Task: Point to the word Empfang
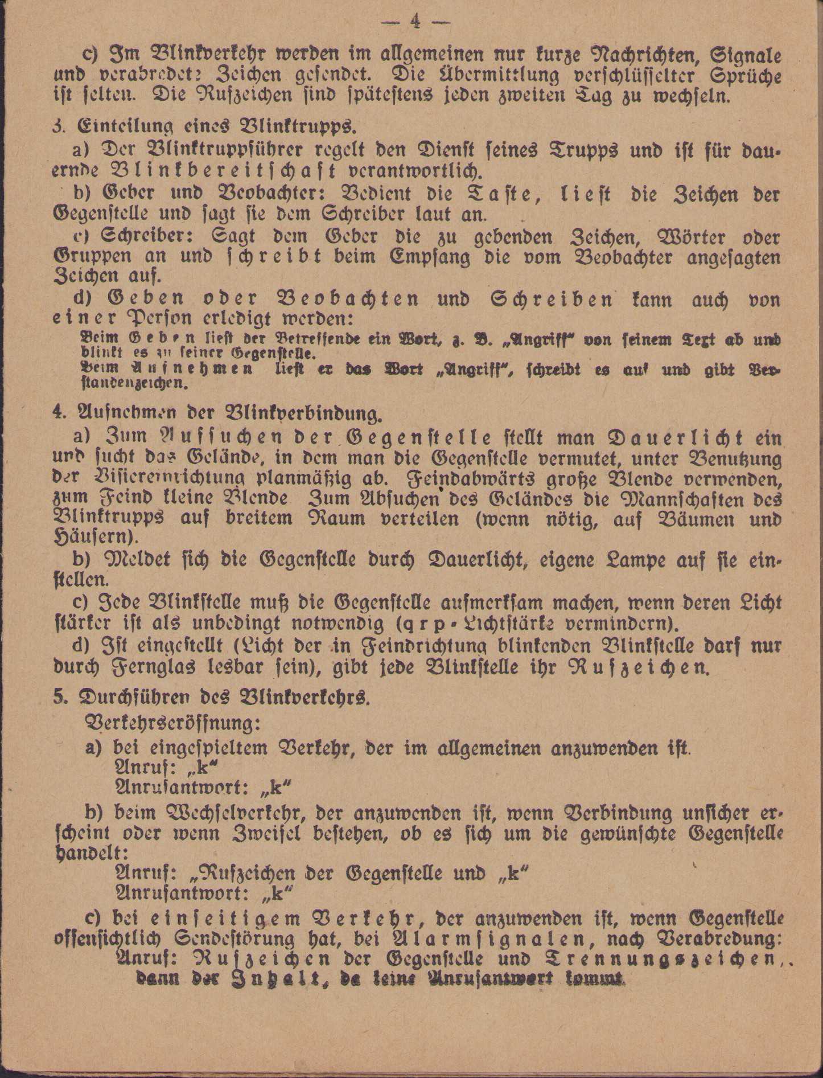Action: (421, 257)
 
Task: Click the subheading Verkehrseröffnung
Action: (171, 723)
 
